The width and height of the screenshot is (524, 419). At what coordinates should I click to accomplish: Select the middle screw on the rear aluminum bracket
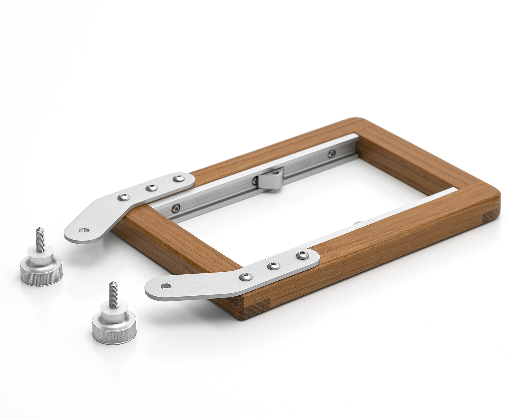[152, 187]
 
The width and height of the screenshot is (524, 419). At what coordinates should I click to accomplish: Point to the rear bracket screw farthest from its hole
[178, 178]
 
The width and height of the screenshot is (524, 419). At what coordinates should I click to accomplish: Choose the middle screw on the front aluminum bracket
[274, 266]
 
